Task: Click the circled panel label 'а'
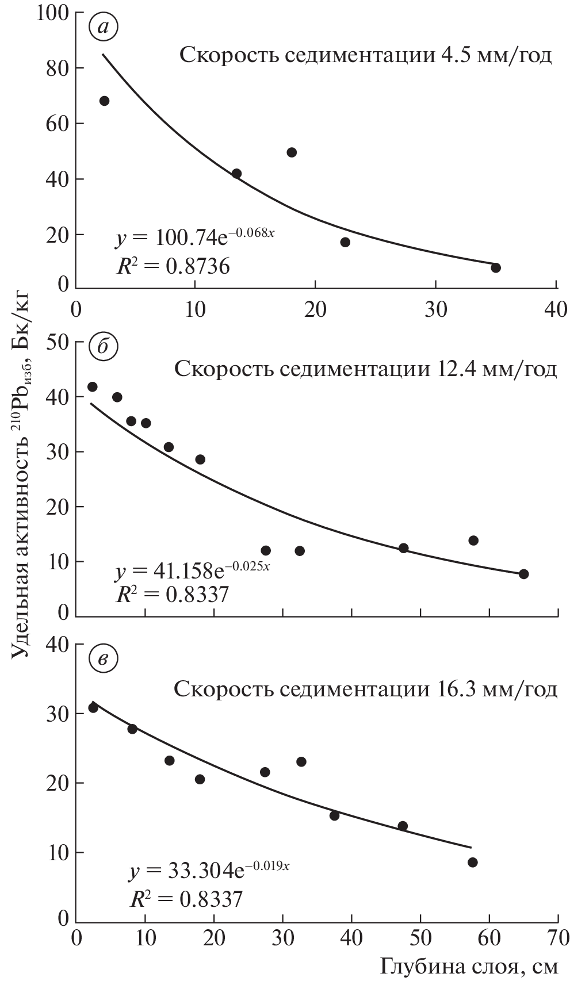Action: pyautogui.click(x=104, y=27)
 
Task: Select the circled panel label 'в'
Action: pyautogui.click(x=104, y=659)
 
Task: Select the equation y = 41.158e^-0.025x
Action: pyautogui.click(x=193, y=570)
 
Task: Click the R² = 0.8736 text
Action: pyautogui.click(x=173, y=266)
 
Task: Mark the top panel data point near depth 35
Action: pyautogui.click(x=496, y=267)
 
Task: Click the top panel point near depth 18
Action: pyautogui.click(x=292, y=152)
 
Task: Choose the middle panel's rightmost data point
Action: pyautogui.click(x=523, y=574)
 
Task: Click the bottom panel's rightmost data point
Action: pyautogui.click(x=473, y=862)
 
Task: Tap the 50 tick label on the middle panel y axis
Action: pyautogui.click(x=56, y=342)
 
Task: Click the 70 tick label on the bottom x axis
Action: pyautogui.click(x=558, y=938)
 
